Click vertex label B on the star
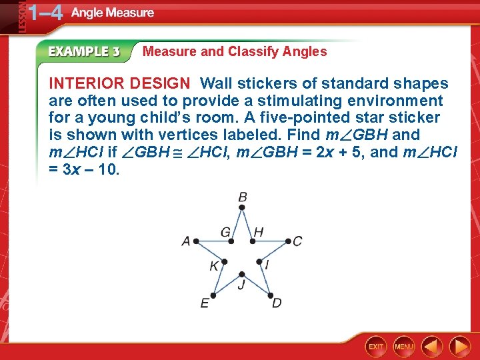point(243,197)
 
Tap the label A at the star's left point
point(186,241)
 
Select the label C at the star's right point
point(297,241)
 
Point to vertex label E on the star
point(205,303)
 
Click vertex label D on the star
point(276,303)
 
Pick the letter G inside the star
point(225,232)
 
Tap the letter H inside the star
point(259,232)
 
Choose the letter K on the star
point(214,266)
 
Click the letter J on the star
point(241,285)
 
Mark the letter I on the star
point(267,265)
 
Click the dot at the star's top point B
point(243,207)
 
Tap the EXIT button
point(376,346)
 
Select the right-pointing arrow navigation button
point(459,346)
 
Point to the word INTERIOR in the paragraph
point(86,83)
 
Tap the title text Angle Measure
point(113,13)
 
